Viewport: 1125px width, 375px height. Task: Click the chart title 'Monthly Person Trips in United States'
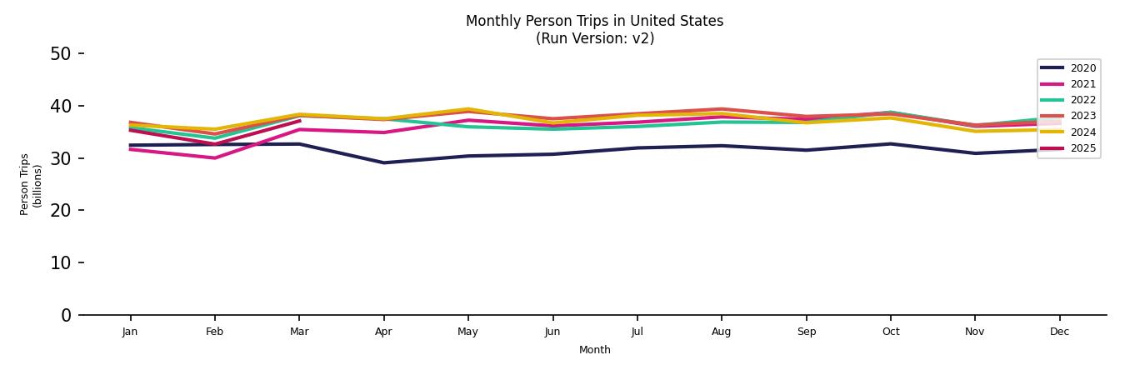594,21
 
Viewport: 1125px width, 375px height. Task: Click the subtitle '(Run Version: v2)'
594,38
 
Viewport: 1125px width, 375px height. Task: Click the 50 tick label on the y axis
61,54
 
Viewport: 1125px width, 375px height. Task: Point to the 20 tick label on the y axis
61,211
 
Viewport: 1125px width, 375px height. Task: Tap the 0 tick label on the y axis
67,315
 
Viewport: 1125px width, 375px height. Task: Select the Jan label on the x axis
130,332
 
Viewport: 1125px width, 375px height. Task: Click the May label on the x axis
468,332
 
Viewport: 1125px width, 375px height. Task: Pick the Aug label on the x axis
722,332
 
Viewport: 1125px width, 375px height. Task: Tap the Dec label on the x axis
1059,332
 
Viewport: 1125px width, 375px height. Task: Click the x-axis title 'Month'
594,350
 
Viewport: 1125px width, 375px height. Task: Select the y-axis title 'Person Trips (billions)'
31,184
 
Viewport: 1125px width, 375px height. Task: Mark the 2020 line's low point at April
383,162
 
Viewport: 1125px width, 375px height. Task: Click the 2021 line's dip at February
215,157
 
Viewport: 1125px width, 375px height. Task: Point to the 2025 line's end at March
299,121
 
